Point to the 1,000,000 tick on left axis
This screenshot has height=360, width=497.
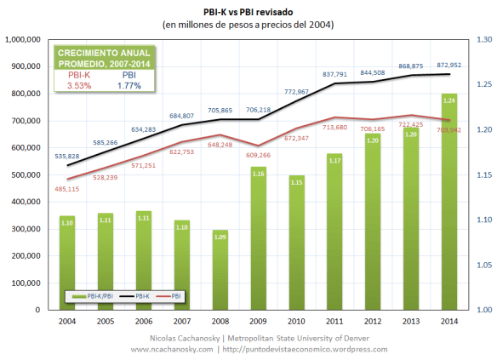[26, 39]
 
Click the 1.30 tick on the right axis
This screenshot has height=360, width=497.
[485, 39]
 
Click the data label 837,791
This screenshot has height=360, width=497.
[335, 74]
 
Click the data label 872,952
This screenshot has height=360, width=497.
[448, 66]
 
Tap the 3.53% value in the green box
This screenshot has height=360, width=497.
[79, 84]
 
